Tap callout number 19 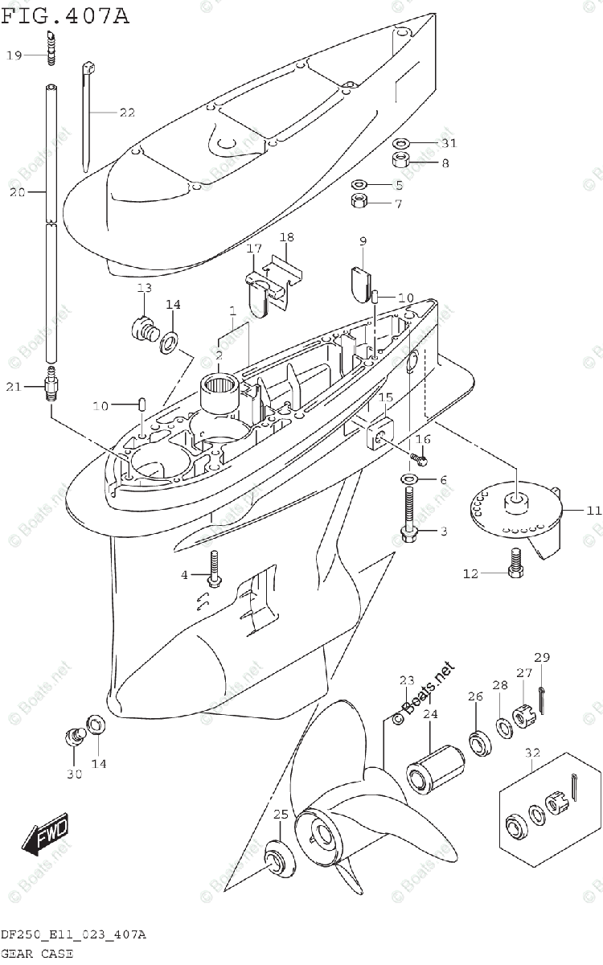click(14, 55)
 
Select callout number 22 click(126, 113)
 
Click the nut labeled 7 click(359, 199)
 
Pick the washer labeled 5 click(359, 184)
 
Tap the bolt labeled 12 click(515, 562)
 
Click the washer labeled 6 click(409, 480)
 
